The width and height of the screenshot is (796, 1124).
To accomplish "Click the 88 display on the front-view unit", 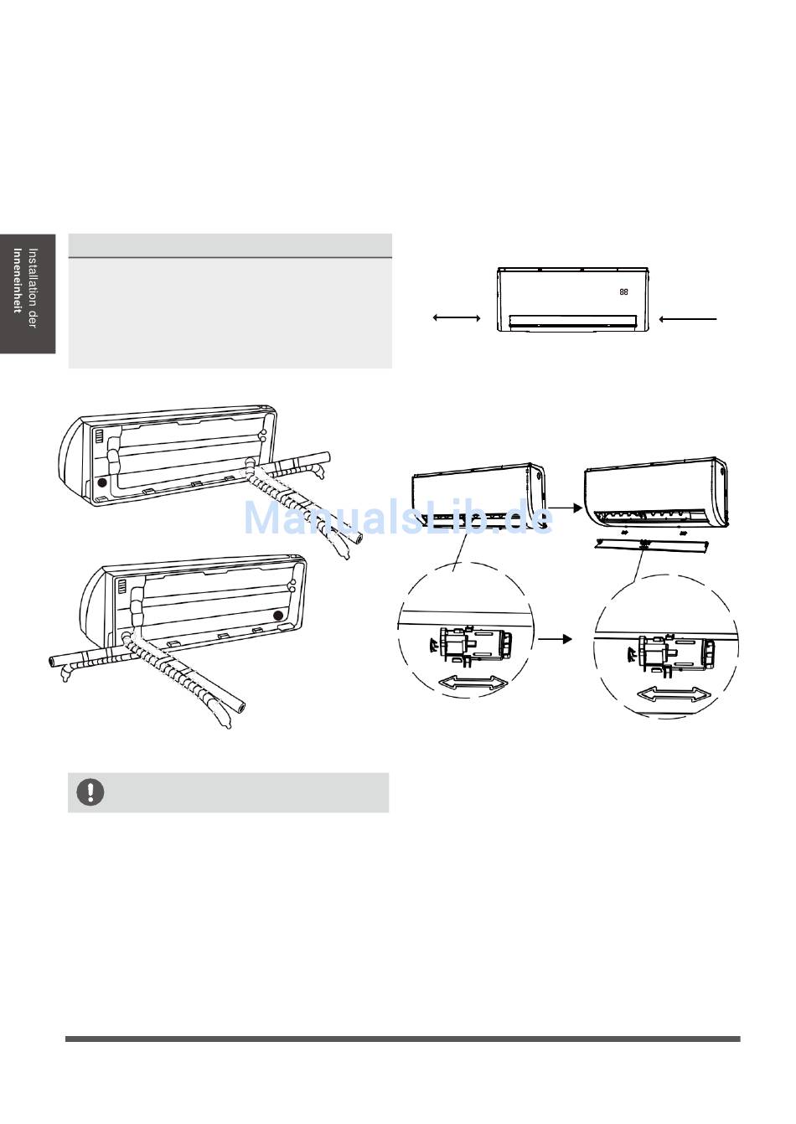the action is click(623, 292).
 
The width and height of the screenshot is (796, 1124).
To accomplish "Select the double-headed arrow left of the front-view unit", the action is click(457, 318).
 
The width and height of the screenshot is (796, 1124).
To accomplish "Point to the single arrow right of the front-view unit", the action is click(688, 318).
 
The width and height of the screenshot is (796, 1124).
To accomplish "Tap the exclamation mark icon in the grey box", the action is click(90, 791).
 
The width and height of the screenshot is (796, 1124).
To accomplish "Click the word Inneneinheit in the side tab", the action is click(18, 280).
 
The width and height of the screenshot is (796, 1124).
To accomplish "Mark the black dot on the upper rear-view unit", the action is click(102, 482).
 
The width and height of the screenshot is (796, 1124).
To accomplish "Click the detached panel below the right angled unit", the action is click(650, 546).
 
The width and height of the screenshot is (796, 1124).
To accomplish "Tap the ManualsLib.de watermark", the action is click(398, 517).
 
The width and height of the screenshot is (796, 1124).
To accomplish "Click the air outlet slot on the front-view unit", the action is click(572, 320).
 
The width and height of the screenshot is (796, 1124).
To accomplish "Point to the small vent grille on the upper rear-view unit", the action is click(98, 436).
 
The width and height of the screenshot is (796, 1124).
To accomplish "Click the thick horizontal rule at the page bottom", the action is click(403, 1039).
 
